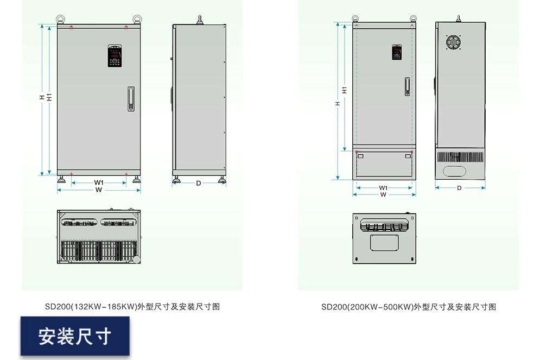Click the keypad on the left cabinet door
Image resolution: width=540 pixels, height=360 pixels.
(115, 56)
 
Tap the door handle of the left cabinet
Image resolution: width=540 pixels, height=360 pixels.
(130, 99)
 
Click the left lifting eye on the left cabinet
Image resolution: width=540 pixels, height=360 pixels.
(60, 20)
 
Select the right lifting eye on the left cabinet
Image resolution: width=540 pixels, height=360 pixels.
(137, 20)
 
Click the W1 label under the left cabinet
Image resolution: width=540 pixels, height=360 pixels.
(99, 182)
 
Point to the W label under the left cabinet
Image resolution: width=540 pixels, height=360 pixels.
(99, 190)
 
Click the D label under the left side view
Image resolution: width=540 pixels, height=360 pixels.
(199, 183)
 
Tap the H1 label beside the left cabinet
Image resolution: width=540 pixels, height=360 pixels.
(49, 98)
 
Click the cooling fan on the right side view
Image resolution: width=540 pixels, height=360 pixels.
(453, 43)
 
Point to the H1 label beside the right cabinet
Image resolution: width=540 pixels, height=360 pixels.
(345, 90)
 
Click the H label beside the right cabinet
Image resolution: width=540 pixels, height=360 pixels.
(338, 103)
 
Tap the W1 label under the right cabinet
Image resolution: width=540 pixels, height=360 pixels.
(383, 188)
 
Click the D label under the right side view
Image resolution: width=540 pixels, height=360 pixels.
(459, 188)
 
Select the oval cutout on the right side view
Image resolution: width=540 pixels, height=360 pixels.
(455, 171)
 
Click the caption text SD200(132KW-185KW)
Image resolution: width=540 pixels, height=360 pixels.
(132, 307)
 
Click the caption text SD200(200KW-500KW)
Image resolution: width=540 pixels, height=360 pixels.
(408, 307)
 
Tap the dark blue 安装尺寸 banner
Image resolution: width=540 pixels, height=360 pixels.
(75, 336)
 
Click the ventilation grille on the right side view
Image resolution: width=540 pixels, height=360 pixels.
(460, 157)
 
